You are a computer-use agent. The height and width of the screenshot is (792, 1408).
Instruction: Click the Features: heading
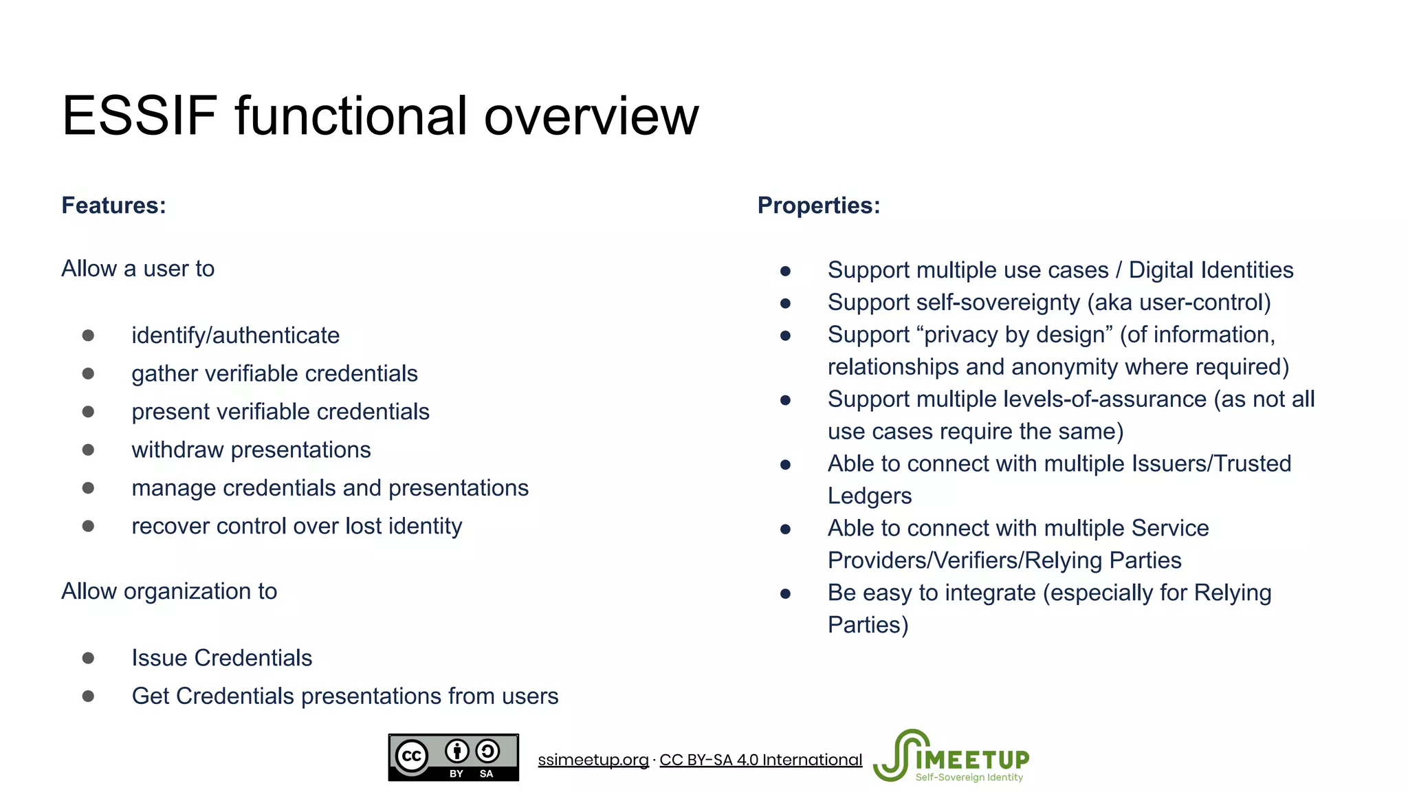[113, 206]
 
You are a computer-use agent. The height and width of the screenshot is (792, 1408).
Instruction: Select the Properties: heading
[818, 206]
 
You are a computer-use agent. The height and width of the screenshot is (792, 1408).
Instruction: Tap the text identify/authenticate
[235, 335]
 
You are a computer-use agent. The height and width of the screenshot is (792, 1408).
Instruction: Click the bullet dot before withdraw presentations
[88, 450]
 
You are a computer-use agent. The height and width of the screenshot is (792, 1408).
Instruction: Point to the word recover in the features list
[170, 526]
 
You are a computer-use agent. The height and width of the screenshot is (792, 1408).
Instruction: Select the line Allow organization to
[169, 591]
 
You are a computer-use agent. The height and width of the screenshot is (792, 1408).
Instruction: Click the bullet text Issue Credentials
[221, 658]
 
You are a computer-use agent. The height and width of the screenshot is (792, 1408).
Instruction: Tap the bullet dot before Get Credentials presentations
[88, 696]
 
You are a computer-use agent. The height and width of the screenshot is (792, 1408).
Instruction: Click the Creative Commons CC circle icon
[411, 757]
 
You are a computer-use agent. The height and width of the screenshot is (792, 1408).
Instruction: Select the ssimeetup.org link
[593, 760]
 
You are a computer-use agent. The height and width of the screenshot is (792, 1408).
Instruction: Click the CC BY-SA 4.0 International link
[760, 760]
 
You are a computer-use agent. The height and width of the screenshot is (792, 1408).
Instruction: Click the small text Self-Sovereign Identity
[969, 778]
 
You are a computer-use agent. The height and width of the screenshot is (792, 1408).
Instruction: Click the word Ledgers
[869, 496]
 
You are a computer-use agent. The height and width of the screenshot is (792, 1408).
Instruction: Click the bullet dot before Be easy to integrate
[785, 593]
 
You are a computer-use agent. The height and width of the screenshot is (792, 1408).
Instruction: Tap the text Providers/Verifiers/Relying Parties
[1004, 560]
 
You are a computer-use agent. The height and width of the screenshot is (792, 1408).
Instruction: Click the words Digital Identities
[1211, 270]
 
